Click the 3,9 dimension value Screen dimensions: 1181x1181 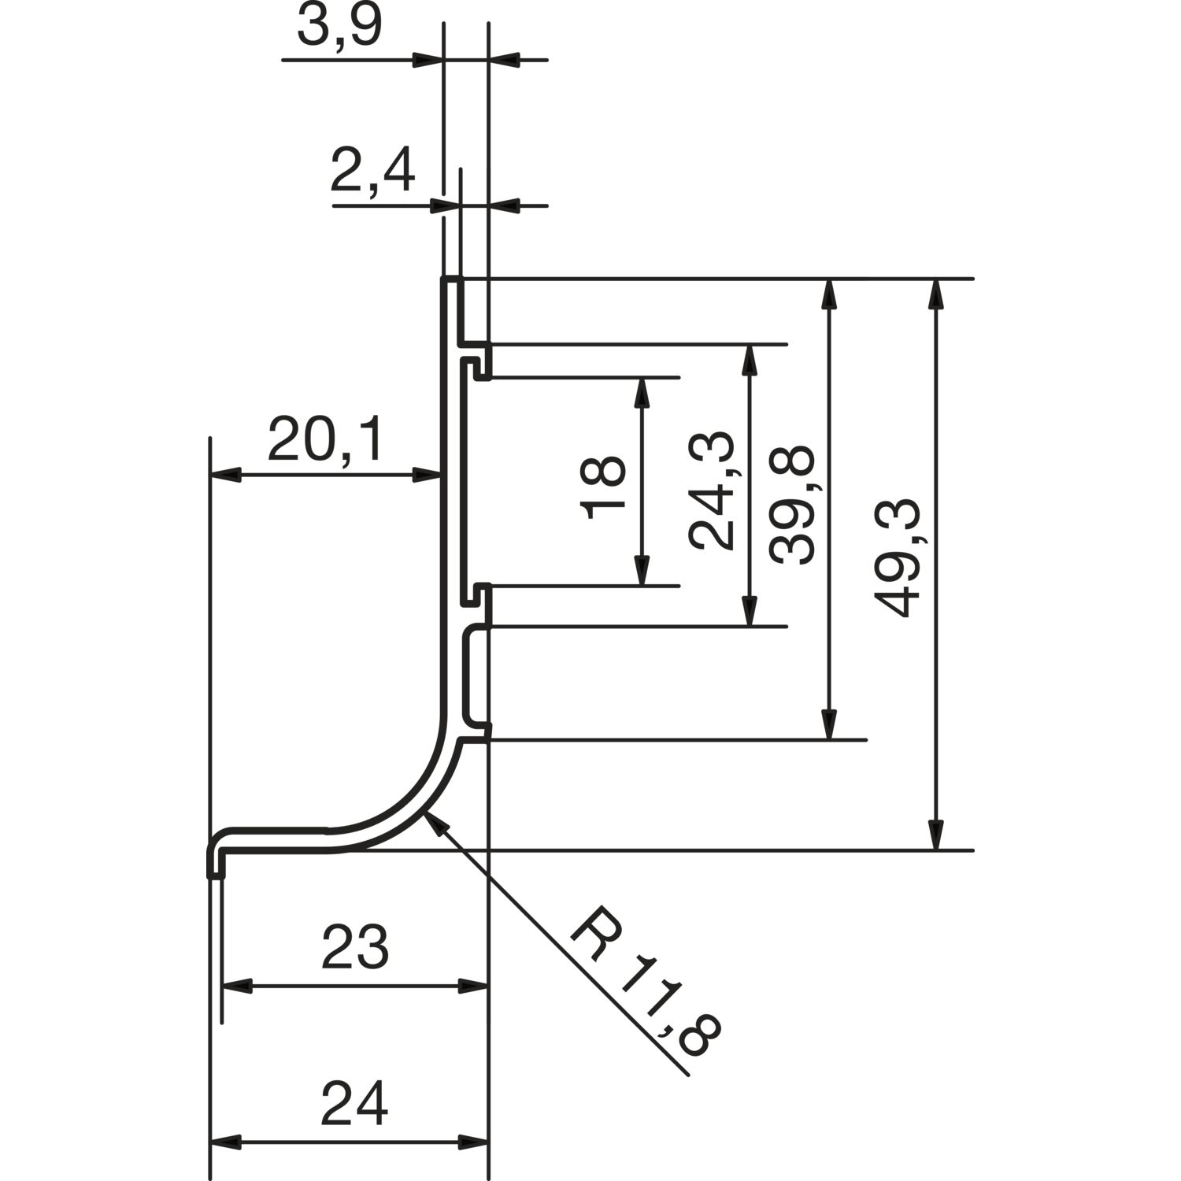339,28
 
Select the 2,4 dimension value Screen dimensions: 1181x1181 372,172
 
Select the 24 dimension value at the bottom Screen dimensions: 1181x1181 355,1104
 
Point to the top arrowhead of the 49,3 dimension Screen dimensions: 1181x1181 935,293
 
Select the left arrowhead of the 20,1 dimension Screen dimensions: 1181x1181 225,475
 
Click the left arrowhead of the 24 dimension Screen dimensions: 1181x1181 225,1142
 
